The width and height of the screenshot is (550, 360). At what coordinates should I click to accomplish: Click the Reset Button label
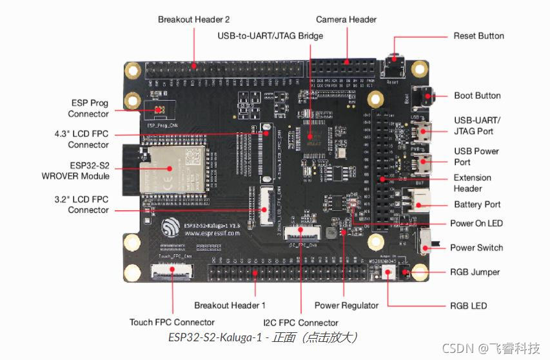(x=478, y=35)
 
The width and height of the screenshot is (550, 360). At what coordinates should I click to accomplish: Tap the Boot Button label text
(x=477, y=95)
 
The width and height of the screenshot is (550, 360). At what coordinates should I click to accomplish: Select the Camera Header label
(x=346, y=19)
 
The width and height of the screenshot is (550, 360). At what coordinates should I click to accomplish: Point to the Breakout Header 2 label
(x=194, y=19)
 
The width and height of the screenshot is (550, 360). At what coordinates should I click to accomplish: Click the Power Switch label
(x=476, y=248)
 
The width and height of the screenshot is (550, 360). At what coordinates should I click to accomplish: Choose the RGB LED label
(x=469, y=305)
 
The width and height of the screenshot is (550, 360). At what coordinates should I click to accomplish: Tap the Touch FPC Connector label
(x=172, y=322)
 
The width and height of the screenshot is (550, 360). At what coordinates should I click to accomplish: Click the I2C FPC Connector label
(x=300, y=322)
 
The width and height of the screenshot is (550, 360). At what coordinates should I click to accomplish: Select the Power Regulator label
(x=346, y=305)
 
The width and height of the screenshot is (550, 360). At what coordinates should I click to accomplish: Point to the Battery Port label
(x=477, y=205)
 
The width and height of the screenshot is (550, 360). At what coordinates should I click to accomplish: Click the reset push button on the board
(x=393, y=68)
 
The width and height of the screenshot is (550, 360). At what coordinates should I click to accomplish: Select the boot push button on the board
(x=423, y=97)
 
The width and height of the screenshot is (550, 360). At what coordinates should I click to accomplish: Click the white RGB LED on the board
(x=388, y=274)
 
